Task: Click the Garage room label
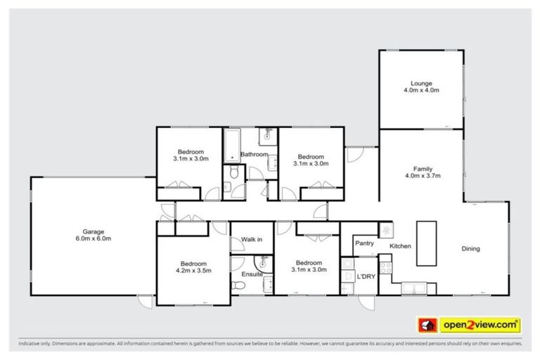tap(94, 231)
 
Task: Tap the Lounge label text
tap(421, 83)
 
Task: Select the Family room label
tap(422, 169)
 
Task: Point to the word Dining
tap(470, 248)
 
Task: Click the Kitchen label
tap(400, 246)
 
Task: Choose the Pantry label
tap(364, 243)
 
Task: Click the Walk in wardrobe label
tap(252, 240)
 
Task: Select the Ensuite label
tap(252, 274)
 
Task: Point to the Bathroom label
tap(254, 154)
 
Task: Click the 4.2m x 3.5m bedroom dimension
tap(193, 270)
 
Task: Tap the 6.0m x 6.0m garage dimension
tap(94, 239)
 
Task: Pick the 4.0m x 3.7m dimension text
tap(422, 176)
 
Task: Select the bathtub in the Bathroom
tap(231, 146)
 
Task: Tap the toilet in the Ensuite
tap(238, 285)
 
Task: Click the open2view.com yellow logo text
tap(480, 326)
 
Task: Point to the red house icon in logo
tap(426, 326)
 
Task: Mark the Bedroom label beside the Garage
tap(193, 262)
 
